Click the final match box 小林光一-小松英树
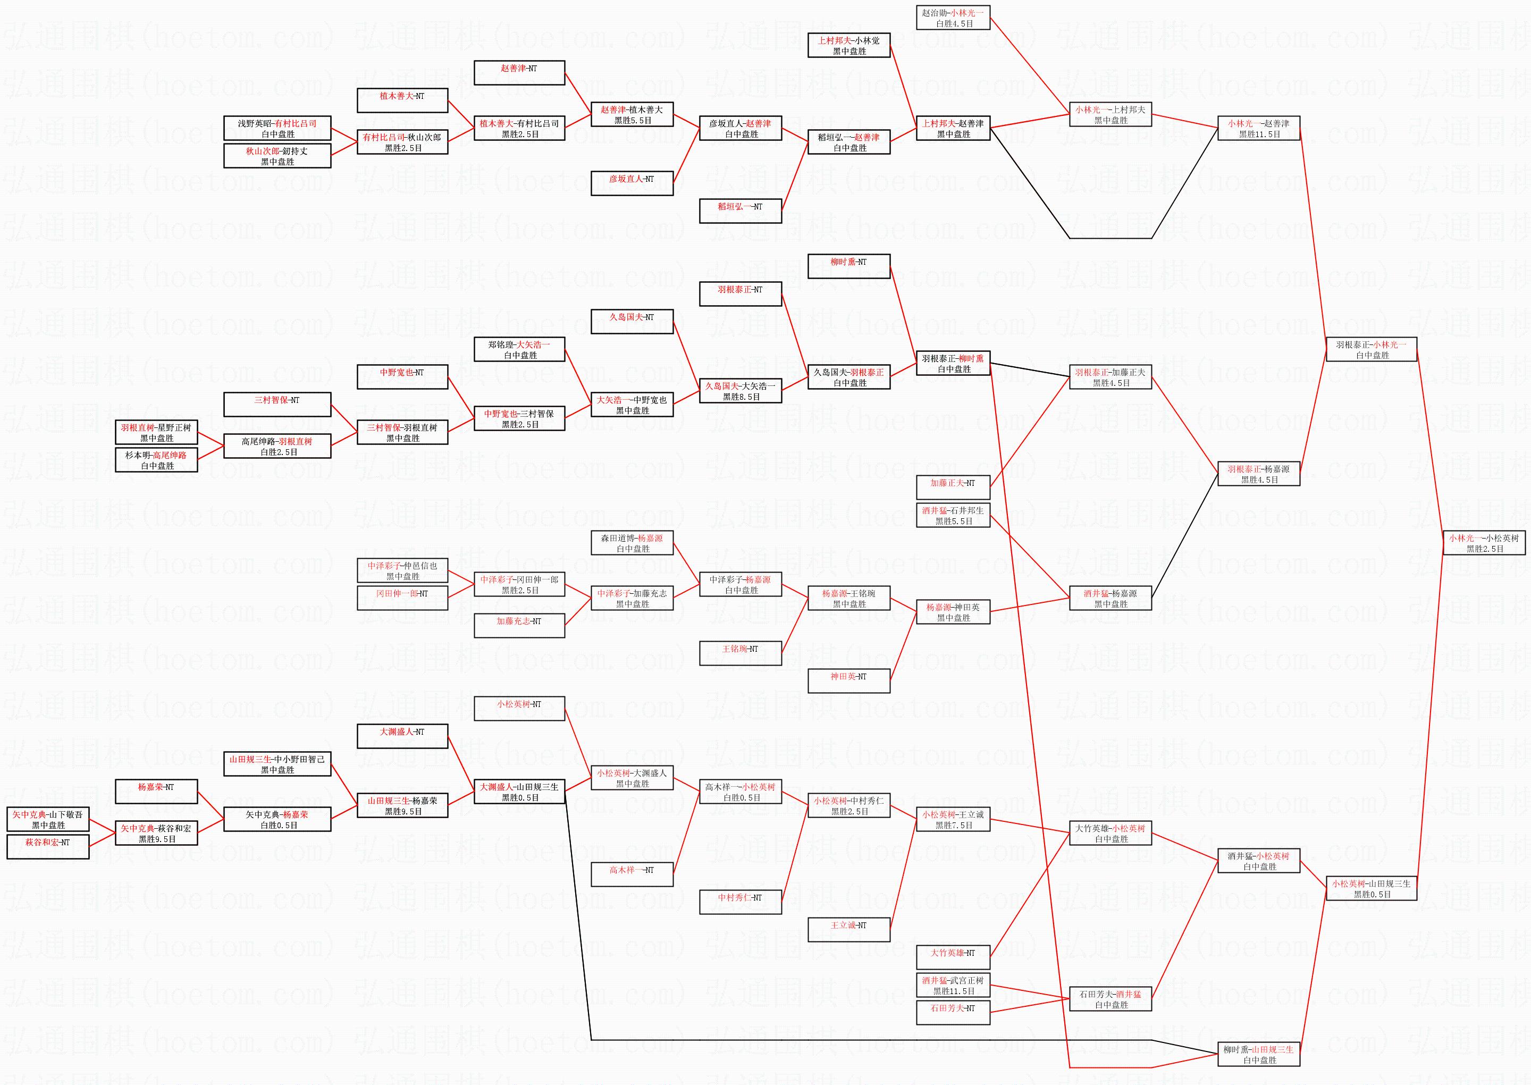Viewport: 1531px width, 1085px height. pos(1484,543)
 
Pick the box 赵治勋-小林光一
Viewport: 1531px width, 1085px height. pos(953,18)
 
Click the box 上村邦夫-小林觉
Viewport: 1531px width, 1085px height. pos(848,45)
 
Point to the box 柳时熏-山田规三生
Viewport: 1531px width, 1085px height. pos(1258,1054)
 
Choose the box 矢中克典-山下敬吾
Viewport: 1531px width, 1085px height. pos(48,820)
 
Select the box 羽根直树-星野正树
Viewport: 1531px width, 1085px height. pos(156,433)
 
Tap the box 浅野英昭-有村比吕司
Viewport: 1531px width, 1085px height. pos(277,128)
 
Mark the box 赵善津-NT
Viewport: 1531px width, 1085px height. pos(519,73)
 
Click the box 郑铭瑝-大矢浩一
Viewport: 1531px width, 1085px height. pos(519,349)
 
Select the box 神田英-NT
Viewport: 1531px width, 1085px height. pos(848,681)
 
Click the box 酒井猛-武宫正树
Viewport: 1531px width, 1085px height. pos(953,986)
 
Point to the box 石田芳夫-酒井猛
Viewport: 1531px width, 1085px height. pos(1110,999)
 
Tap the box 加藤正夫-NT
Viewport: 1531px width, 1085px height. pos(953,487)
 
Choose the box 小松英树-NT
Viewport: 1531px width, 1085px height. pos(519,708)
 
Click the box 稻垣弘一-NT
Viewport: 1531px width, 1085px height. pos(740,211)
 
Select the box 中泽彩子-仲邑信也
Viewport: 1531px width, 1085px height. pos(402,570)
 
